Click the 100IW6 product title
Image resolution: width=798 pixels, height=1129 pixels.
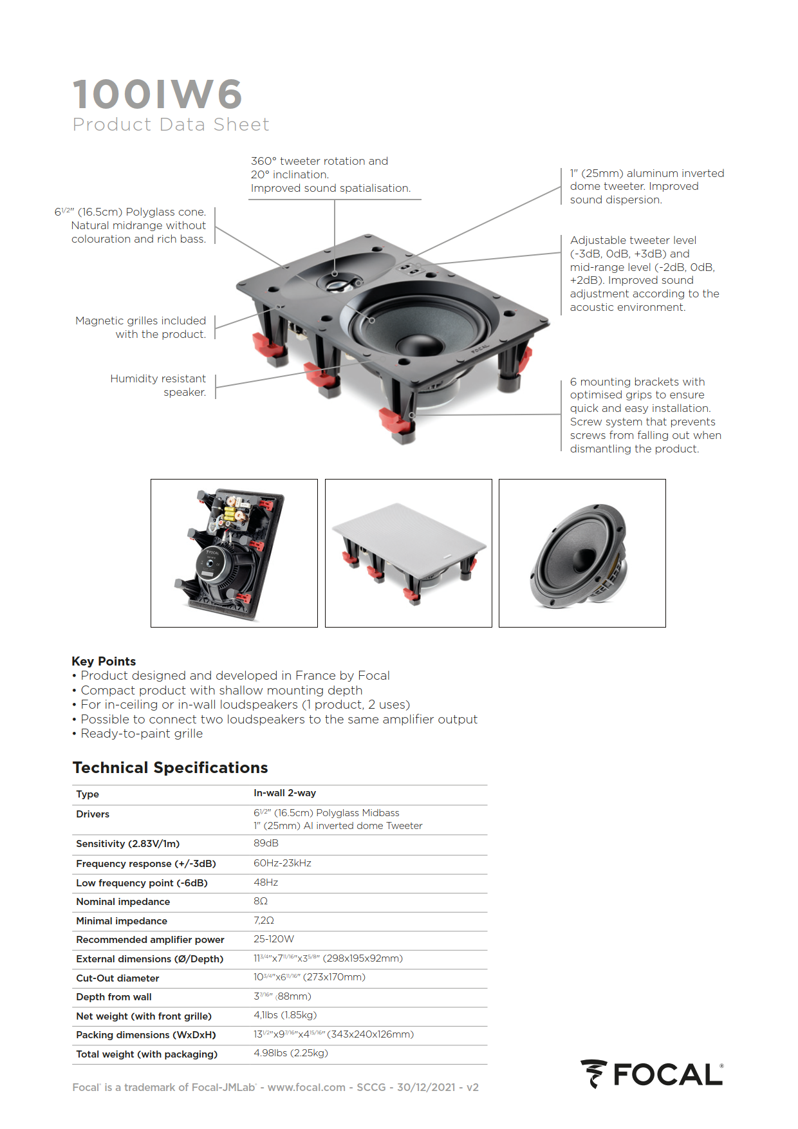click(158, 95)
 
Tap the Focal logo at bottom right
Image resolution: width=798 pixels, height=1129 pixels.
click(651, 1074)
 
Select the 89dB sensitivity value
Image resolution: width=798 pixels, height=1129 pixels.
click(266, 843)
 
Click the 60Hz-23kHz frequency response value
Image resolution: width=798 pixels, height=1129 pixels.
click(282, 863)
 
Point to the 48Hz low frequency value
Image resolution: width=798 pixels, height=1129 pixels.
click(266, 882)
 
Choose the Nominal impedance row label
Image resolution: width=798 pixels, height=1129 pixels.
click(123, 902)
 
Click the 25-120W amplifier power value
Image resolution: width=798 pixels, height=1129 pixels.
click(274, 939)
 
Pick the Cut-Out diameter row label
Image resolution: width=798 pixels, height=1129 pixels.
click(117, 978)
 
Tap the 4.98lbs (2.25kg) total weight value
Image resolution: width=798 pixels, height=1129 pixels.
click(291, 1053)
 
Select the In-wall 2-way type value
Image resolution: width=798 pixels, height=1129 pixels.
click(284, 793)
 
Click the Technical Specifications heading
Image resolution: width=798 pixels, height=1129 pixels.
click(170, 768)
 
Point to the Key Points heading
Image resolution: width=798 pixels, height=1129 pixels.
click(104, 661)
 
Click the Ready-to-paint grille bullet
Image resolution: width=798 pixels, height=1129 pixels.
click(142, 734)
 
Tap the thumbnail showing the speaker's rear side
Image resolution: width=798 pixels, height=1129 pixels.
click(234, 553)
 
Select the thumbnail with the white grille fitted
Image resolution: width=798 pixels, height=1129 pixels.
click(409, 553)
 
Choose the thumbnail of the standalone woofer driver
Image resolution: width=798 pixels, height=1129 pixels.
click(582, 553)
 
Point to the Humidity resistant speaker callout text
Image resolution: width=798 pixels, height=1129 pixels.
click(158, 385)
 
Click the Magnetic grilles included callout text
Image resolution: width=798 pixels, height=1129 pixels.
click(141, 327)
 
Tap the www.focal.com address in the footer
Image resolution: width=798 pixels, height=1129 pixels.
click(306, 1087)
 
